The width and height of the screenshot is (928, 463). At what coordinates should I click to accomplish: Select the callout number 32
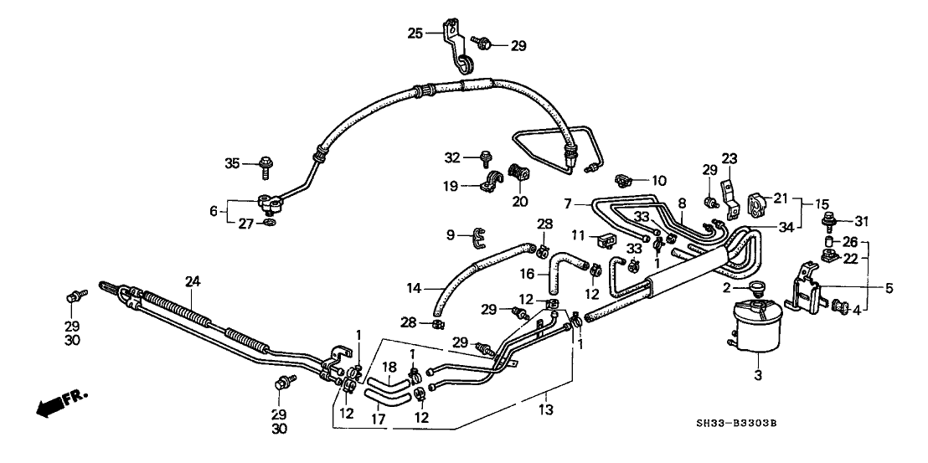click(x=453, y=157)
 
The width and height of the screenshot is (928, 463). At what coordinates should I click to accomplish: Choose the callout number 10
click(x=658, y=179)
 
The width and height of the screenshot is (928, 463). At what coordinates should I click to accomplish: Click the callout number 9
click(x=451, y=235)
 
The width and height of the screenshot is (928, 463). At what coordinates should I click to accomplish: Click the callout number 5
click(x=889, y=288)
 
